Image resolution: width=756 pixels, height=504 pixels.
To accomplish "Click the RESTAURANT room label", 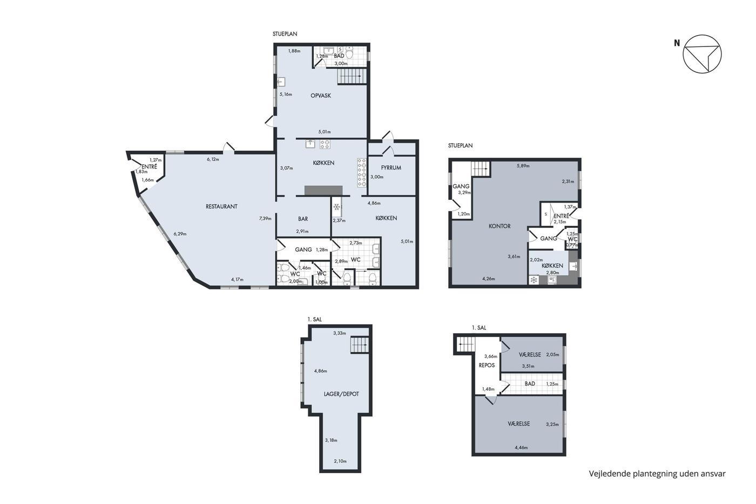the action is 221,206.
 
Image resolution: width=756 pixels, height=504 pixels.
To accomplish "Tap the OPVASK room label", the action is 321,96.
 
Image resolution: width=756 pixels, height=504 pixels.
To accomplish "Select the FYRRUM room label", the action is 391,167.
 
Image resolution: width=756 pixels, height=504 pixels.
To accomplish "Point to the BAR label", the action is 303,219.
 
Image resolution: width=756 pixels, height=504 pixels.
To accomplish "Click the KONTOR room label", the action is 500,226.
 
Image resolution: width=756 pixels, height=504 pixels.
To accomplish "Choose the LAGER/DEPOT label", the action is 341,394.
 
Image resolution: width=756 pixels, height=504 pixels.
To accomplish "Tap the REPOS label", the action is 487,365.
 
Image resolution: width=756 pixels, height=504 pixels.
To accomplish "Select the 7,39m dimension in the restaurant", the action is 265,218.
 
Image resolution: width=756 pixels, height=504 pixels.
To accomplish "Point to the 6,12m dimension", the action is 213,159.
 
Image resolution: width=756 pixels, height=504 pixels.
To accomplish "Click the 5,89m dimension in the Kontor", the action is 523,166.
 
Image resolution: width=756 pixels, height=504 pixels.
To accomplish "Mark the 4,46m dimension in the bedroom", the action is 521,448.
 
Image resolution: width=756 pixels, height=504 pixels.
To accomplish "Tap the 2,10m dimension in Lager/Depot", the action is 340,461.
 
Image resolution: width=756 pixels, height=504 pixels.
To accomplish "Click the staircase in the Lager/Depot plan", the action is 360,345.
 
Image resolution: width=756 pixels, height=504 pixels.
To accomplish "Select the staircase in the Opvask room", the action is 352,76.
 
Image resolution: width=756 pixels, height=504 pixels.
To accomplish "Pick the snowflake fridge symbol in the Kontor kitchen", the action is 534,280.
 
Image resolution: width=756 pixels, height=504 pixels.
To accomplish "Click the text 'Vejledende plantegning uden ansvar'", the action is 657,474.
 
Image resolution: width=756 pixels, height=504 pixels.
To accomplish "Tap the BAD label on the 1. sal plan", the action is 530,384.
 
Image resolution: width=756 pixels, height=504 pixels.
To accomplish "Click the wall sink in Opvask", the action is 281,82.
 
